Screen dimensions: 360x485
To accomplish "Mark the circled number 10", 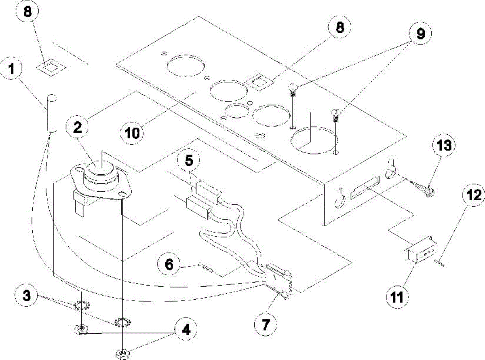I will point(133,133).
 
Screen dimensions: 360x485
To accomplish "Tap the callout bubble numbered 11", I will point(396,298).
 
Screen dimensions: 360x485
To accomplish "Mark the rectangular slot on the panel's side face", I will point(366,187).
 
